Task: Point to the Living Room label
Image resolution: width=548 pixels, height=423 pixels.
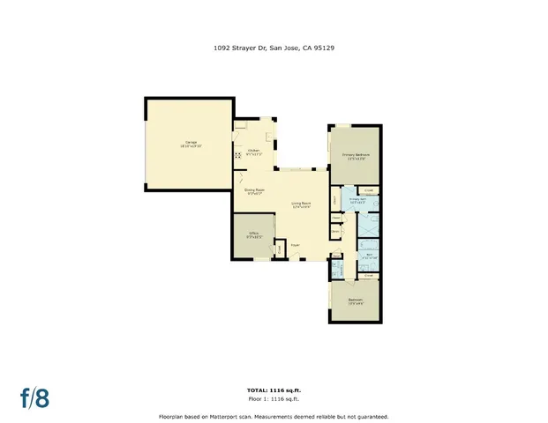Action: click(301, 204)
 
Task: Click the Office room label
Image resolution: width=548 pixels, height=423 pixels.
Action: click(256, 235)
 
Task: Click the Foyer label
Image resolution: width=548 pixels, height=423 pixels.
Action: click(295, 246)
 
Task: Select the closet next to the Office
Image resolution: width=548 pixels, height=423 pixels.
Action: click(279, 249)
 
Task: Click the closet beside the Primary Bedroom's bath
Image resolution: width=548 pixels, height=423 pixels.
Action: click(369, 189)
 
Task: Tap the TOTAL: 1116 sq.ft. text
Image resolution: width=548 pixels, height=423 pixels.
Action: click(274, 390)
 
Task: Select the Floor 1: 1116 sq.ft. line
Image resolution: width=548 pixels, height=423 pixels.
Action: click(274, 399)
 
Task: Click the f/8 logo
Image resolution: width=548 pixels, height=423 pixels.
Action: click(34, 397)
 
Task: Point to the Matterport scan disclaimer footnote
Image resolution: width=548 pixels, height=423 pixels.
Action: click(274, 416)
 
